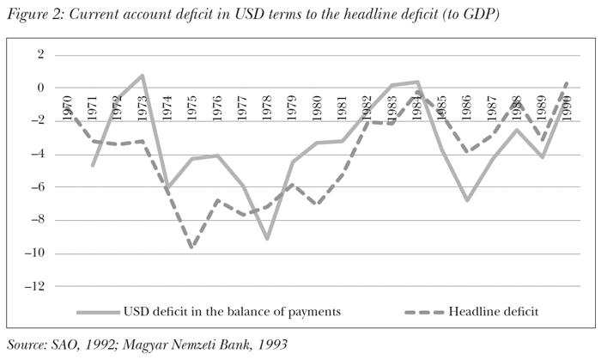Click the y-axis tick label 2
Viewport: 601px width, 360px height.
[x=38, y=55]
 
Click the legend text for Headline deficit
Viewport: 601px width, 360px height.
[x=494, y=311]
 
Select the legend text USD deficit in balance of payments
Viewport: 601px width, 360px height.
[x=233, y=311]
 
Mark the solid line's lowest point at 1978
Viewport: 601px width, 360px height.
[x=268, y=238]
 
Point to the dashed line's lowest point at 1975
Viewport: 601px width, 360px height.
[x=192, y=247]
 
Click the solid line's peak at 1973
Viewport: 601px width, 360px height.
[x=143, y=76]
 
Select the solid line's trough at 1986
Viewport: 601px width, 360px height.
[x=467, y=200]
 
